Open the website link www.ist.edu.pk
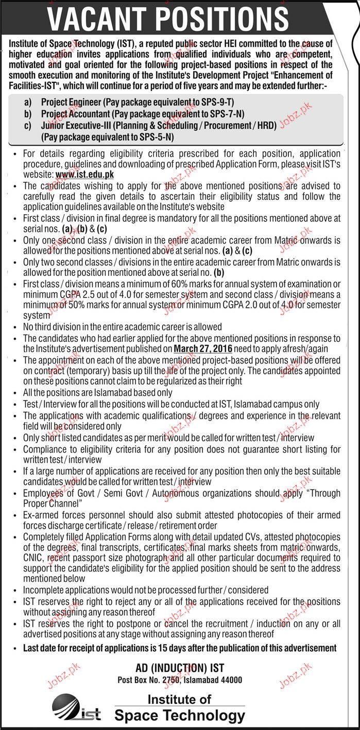click(84, 175)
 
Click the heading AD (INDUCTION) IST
click(180, 668)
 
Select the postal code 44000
click(230, 680)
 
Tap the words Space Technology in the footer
click(179, 716)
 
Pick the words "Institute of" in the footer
click(179, 699)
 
